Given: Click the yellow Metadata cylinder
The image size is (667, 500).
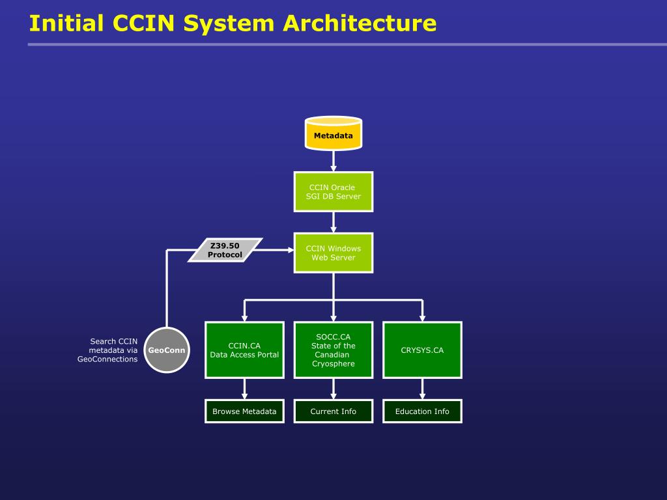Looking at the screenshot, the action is [333, 133].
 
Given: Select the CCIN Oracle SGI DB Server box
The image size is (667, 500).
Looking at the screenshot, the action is [333, 192].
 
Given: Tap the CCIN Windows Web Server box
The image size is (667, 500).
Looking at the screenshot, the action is [333, 253].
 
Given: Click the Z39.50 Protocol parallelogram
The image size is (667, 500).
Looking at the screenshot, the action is [225, 250].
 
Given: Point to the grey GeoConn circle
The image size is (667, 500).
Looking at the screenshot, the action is [167, 350].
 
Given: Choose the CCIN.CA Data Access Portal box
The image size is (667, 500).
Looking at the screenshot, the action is [245, 350].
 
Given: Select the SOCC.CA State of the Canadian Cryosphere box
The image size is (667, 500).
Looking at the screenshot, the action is [333, 350].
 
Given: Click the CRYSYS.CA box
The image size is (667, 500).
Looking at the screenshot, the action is [422, 350].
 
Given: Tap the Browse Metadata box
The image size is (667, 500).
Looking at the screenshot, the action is [245, 411].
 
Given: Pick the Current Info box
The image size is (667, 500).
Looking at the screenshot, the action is [333, 411].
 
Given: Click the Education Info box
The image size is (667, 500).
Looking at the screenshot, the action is [422, 411].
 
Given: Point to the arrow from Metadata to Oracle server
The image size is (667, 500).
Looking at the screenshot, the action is [333, 161].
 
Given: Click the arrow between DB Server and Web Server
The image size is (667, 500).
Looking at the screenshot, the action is [333, 223].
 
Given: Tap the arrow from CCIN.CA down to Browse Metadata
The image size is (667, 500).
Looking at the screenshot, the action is [245, 389].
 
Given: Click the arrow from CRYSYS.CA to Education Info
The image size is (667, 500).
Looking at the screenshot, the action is [422, 389].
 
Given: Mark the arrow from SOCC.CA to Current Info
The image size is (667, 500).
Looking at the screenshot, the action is [333, 389].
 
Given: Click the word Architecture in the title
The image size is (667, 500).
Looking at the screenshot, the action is [360, 23].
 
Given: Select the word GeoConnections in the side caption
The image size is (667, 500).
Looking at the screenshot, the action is [107, 359].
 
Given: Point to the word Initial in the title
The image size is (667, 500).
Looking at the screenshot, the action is [66, 23].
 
